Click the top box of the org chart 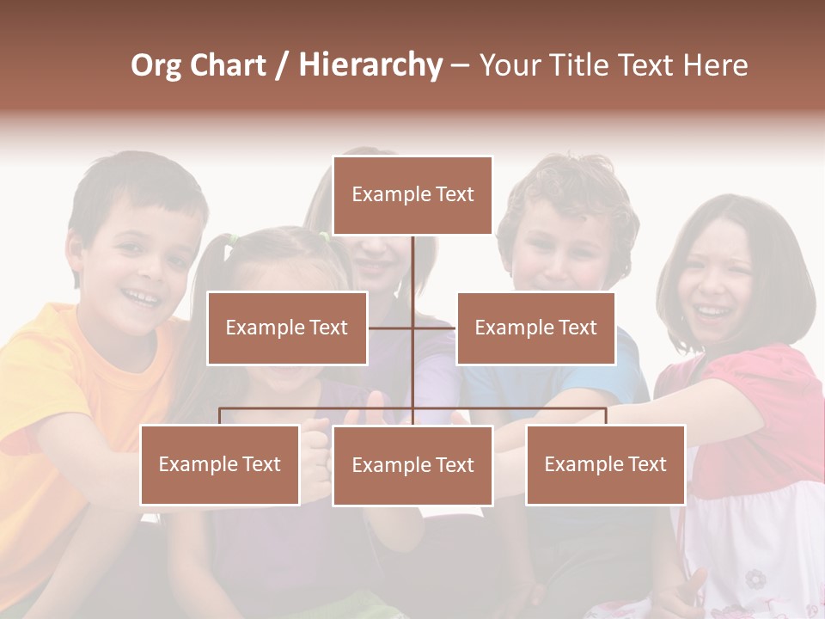coord(412,195)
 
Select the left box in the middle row coord(287,328)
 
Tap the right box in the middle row coord(535,328)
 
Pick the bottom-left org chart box coord(220,464)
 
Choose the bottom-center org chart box coord(412,465)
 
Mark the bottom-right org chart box coord(605,464)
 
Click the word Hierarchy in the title coord(370,65)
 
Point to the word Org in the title coord(157,65)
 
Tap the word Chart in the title coord(229,65)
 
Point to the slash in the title coord(282,65)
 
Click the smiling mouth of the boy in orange coord(140,297)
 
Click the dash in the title coord(460,65)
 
